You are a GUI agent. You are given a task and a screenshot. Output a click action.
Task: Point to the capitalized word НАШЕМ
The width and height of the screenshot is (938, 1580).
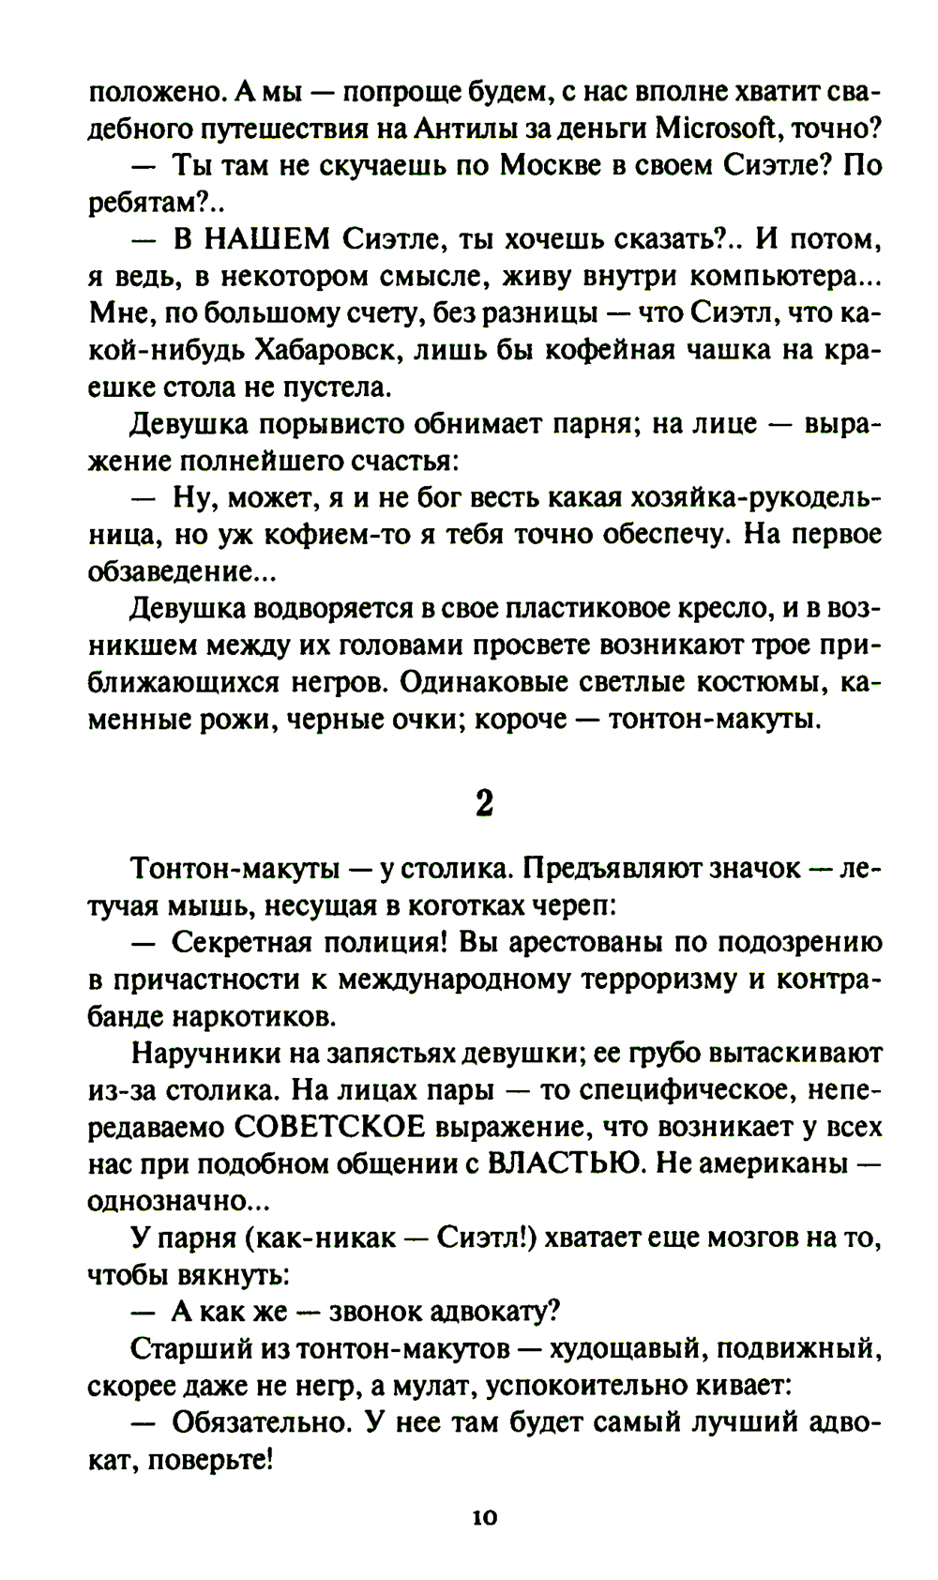click(252, 239)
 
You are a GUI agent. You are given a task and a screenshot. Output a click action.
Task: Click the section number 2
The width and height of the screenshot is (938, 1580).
click(484, 803)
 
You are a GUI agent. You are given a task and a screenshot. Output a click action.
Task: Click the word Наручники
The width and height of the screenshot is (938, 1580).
click(204, 1053)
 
